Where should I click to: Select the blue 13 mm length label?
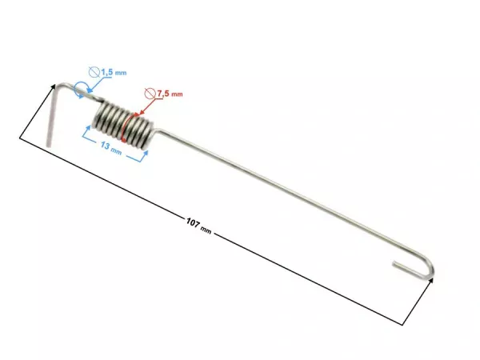point(111,149)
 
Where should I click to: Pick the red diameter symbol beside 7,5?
point(150,92)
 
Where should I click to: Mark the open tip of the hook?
point(395,262)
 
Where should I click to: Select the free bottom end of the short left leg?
point(49,144)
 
